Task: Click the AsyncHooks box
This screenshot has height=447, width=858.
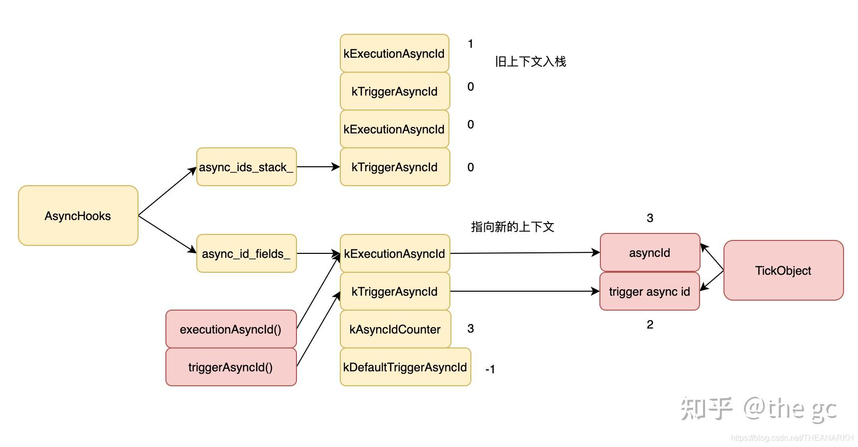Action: click(78, 216)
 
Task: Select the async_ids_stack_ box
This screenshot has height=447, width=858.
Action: click(246, 167)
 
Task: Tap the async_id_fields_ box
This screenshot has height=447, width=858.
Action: click(246, 253)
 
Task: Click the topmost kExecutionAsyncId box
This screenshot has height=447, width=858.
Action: click(394, 53)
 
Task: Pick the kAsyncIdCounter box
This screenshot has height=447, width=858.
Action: click(395, 329)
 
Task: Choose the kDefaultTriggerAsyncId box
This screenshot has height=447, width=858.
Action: click(405, 367)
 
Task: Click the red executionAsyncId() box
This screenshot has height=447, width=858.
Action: click(231, 329)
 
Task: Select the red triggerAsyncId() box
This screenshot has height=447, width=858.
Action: click(231, 367)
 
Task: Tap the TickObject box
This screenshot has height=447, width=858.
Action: click(783, 270)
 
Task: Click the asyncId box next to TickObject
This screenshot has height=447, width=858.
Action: click(649, 252)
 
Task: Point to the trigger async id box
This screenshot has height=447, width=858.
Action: click(649, 291)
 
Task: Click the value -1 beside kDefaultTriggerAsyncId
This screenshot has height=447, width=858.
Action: click(490, 369)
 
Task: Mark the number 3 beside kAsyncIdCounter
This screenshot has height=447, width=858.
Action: click(470, 329)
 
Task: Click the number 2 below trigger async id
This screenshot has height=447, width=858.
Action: click(650, 325)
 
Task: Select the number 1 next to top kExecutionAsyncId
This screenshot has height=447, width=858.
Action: click(470, 44)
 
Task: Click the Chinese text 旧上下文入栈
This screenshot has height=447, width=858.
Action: click(530, 62)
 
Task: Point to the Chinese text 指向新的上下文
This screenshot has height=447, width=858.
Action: click(512, 227)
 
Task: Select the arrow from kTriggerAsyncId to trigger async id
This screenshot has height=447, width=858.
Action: click(524, 291)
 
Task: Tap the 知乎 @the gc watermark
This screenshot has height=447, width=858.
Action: click(758, 409)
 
